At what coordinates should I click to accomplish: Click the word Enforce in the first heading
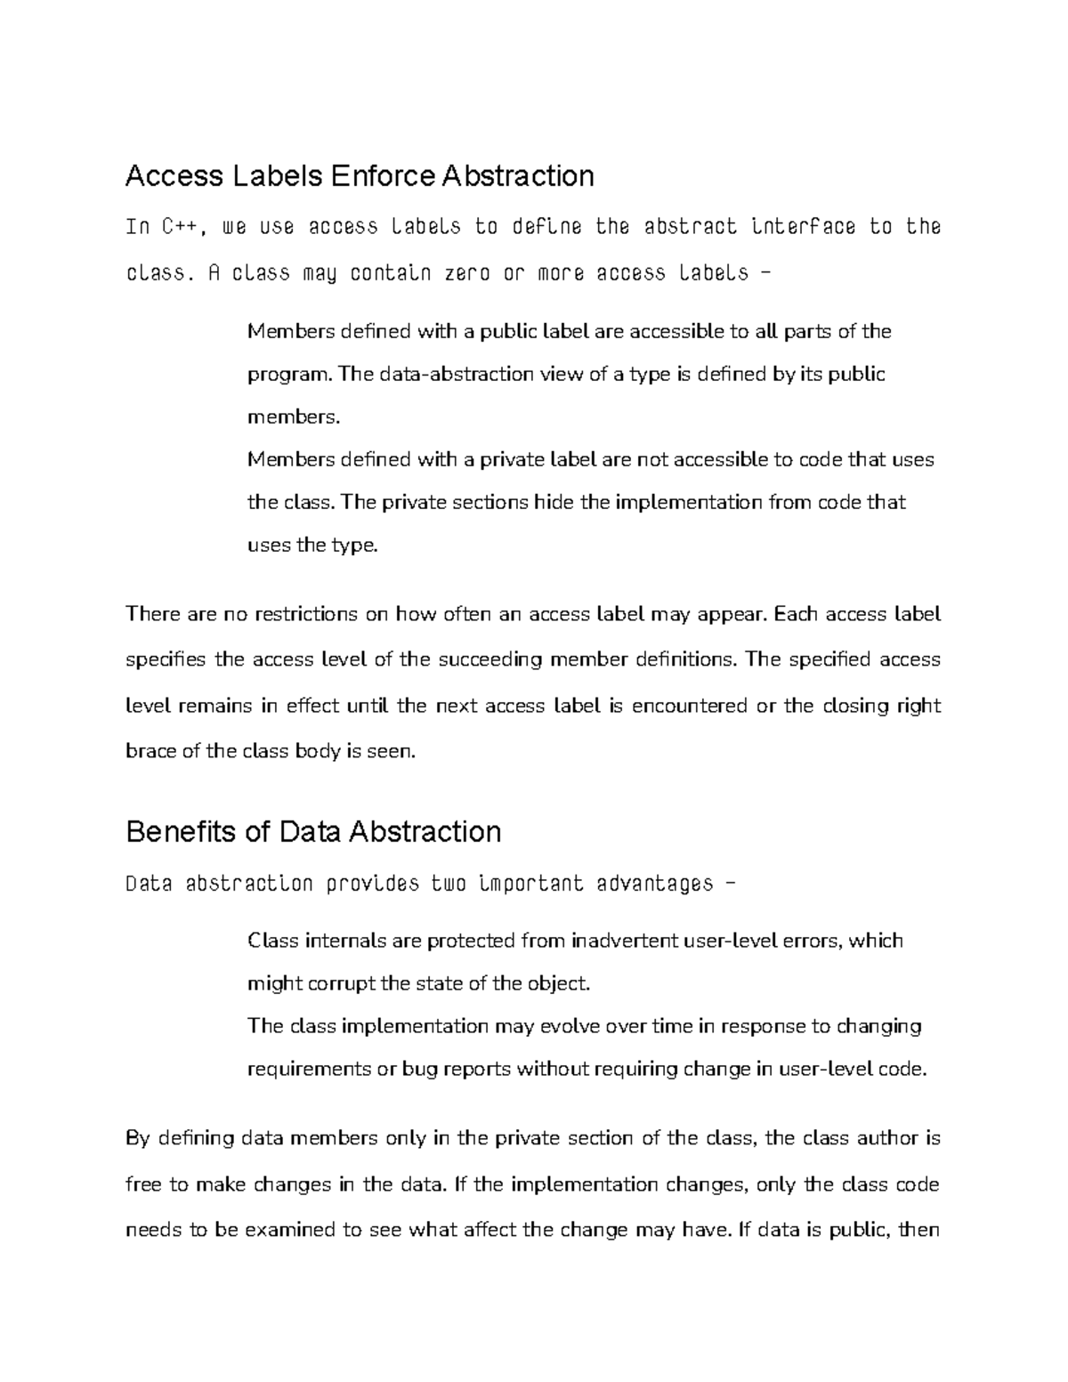[x=384, y=176]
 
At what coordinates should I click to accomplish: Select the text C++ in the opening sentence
[x=183, y=227]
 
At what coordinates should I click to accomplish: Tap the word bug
[x=421, y=1070]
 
